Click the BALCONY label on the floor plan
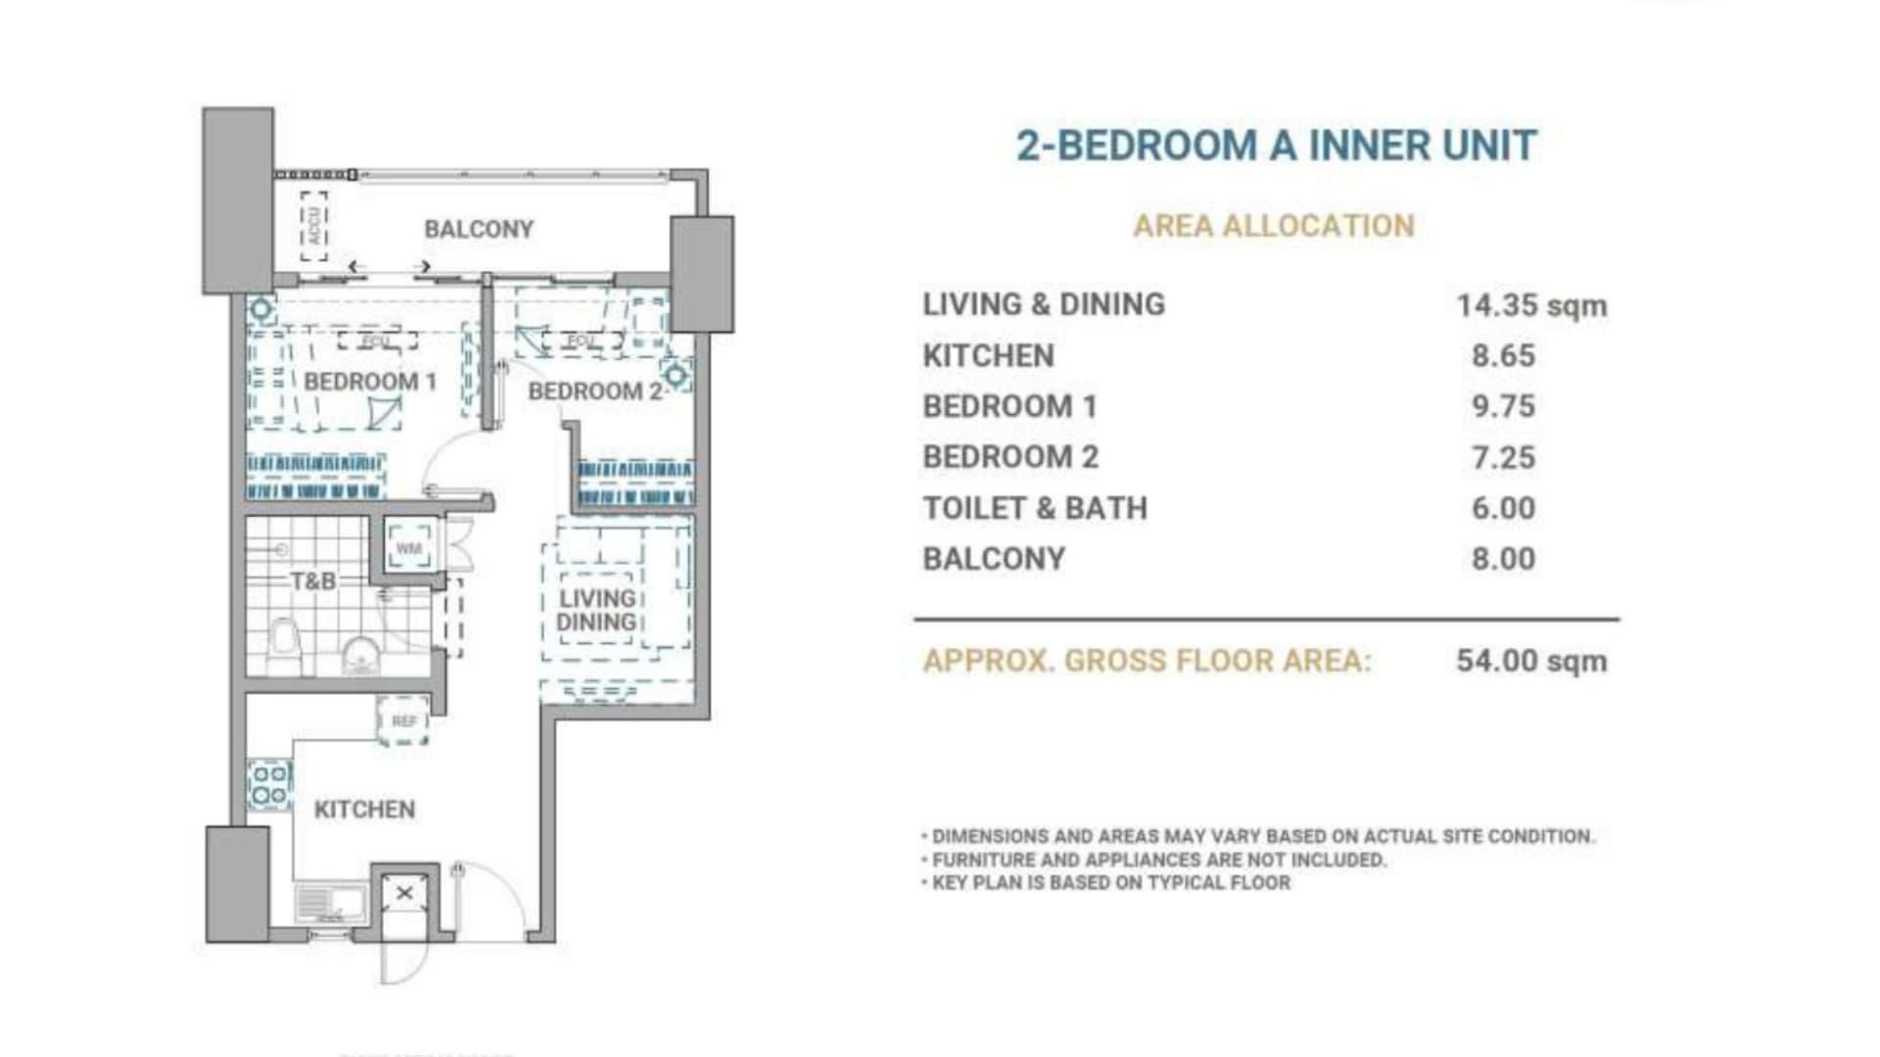[x=479, y=229]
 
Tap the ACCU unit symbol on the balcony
[x=313, y=226]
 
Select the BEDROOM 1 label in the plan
[x=370, y=382]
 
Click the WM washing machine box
[x=408, y=548]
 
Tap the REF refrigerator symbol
[x=403, y=721]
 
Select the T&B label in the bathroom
[x=313, y=581]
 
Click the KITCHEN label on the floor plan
[x=364, y=809]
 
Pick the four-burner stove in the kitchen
[x=269, y=785]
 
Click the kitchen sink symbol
[x=330, y=902]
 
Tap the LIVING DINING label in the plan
[x=597, y=611]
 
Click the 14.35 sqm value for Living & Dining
[x=1531, y=305]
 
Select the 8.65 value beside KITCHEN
[x=1503, y=356]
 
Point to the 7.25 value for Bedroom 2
[x=1503, y=457]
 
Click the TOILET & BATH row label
[x=1035, y=508]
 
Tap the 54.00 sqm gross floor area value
[x=1531, y=661]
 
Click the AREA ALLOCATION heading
[x=1274, y=226]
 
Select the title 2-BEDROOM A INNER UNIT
[x=1277, y=146]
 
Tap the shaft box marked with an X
[x=403, y=893]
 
